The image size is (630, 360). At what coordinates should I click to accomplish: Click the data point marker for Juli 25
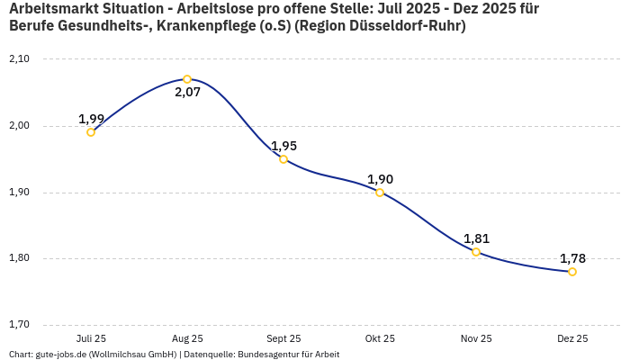(91, 132)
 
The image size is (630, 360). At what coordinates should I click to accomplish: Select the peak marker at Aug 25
(187, 79)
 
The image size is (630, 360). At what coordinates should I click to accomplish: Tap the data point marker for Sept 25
(283, 159)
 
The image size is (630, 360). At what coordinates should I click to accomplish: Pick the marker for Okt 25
(380, 193)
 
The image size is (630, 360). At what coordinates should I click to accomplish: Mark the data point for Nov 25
(476, 252)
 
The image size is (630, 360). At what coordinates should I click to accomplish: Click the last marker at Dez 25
(572, 272)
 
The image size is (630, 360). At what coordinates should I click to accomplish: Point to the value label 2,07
(187, 93)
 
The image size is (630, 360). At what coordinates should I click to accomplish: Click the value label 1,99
(91, 119)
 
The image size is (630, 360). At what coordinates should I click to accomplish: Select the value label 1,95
(283, 146)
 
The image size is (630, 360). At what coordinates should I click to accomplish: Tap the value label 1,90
(380, 179)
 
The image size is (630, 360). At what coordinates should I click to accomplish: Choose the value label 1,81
(476, 238)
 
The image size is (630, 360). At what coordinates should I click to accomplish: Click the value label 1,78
(572, 258)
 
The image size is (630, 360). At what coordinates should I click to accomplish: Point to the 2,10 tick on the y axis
(19, 59)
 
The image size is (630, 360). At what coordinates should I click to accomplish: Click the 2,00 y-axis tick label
(19, 126)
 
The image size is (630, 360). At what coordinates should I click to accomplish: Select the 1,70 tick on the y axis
(19, 325)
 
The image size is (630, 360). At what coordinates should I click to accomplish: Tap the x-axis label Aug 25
(187, 338)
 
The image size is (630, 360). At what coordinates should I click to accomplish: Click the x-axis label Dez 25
(572, 338)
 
